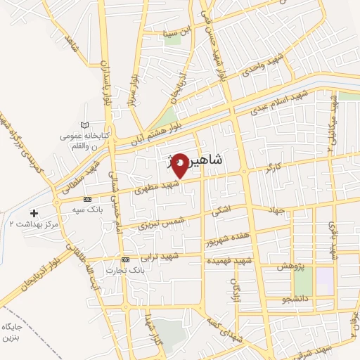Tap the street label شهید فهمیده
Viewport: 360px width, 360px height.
coord(229,261)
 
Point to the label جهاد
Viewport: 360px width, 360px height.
coord(274,210)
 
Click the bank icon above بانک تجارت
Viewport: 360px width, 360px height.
coord(125,259)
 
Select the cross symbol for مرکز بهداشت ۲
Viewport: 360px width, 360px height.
coord(34,212)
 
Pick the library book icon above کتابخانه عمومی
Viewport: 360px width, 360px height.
coord(85,125)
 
